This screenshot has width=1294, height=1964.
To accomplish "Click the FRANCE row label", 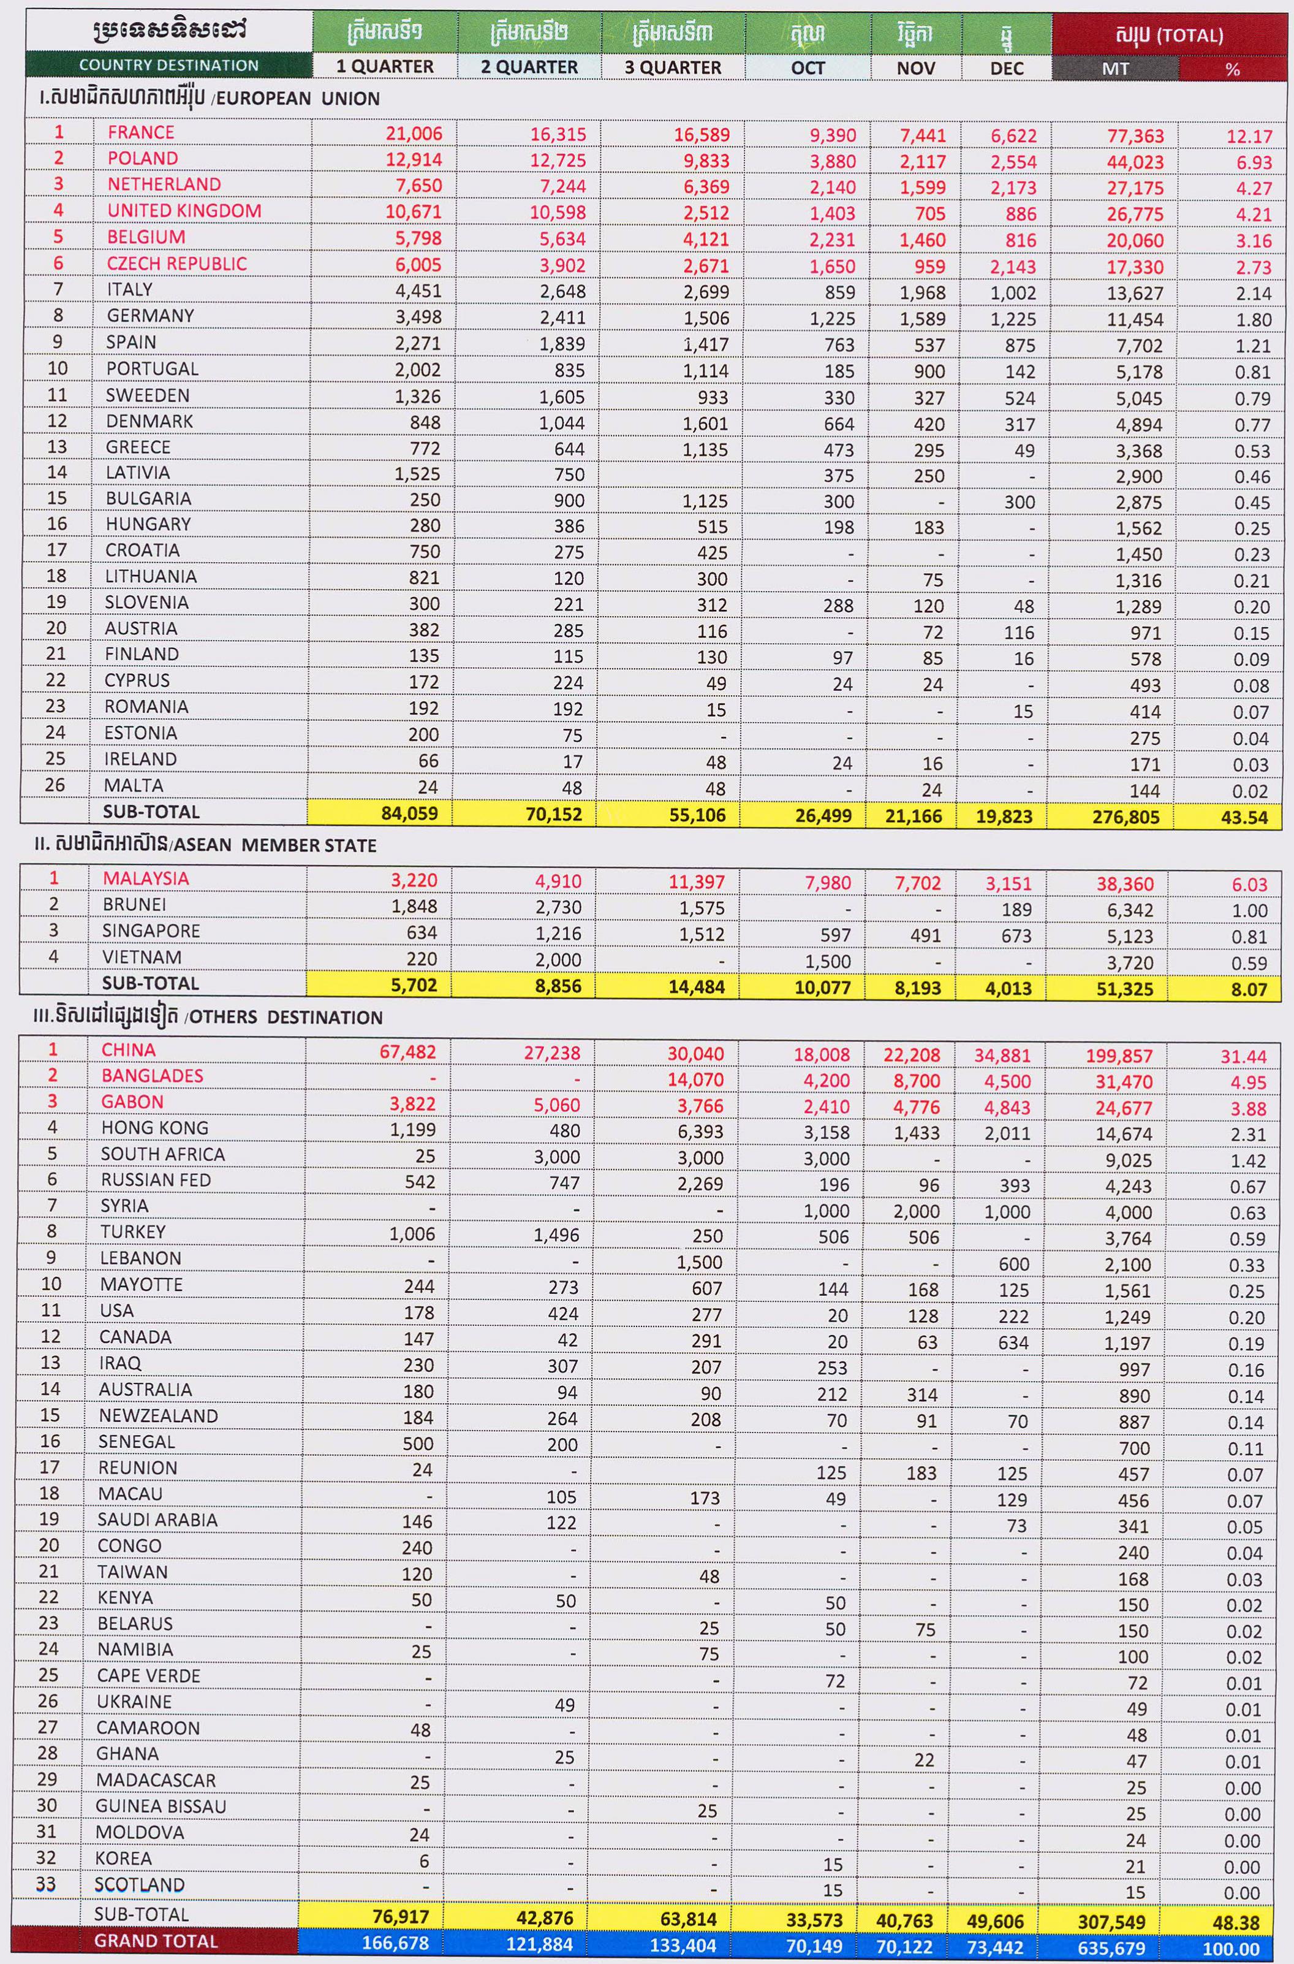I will (140, 132).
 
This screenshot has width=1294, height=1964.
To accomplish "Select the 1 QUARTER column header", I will (385, 66).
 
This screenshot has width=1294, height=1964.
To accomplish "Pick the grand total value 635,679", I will (1110, 1948).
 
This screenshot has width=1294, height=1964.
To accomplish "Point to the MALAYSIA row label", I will (145, 878).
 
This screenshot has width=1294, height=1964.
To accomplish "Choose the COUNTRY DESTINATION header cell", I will (168, 65).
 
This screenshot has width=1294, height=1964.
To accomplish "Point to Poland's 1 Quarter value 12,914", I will (414, 160).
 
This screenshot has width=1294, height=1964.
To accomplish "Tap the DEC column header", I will (1006, 67).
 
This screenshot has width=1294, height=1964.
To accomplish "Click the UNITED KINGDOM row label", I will (183, 210).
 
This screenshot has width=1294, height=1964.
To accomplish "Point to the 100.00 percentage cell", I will (1230, 1949).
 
